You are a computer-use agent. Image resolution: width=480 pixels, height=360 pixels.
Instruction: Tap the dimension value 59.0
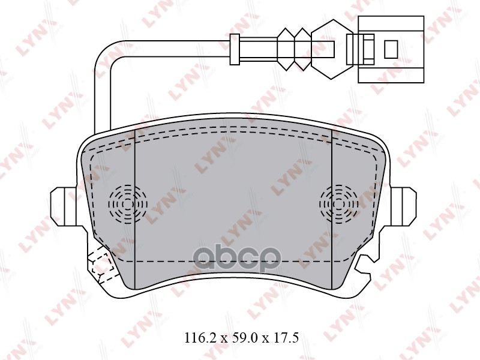click(x=239, y=338)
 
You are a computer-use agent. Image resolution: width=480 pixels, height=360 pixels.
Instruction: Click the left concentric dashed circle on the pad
click(x=128, y=204)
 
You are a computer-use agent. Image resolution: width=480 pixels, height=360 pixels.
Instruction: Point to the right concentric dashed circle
click(x=339, y=204)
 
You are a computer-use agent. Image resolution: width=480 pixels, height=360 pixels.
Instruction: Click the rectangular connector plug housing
click(x=390, y=48)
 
